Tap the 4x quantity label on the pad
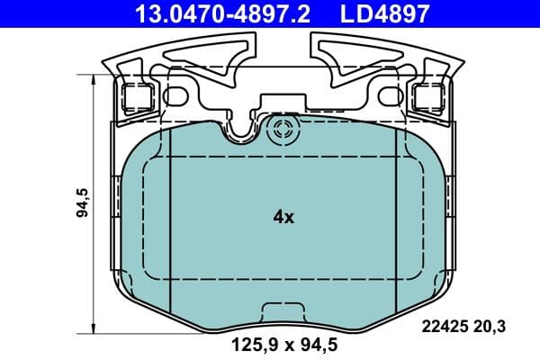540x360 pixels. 283,217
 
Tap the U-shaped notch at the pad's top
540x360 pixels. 238,131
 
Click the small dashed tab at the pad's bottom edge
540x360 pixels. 283,310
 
